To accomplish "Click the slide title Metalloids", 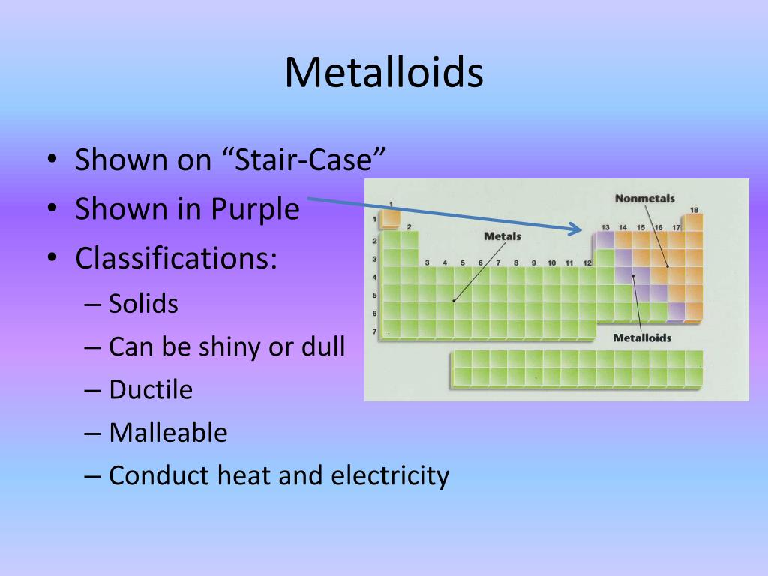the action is click(384, 73).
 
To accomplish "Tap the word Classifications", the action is click(175, 258).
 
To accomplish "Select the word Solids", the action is click(143, 303).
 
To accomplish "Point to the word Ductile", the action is click(151, 389).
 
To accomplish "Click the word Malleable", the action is click(169, 433).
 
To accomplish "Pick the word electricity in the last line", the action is click(390, 475).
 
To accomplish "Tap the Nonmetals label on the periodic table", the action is click(644, 198).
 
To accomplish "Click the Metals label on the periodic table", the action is click(502, 236).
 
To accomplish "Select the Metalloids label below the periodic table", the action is click(642, 337).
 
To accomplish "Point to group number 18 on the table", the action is click(694, 210).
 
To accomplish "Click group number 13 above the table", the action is click(605, 227).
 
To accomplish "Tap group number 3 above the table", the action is click(427, 262).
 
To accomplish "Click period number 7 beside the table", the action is click(375, 331).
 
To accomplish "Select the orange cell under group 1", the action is click(390, 219).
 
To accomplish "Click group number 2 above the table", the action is click(409, 226).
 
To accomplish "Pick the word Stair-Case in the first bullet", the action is click(304, 160).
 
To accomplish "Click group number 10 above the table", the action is click(551, 262).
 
